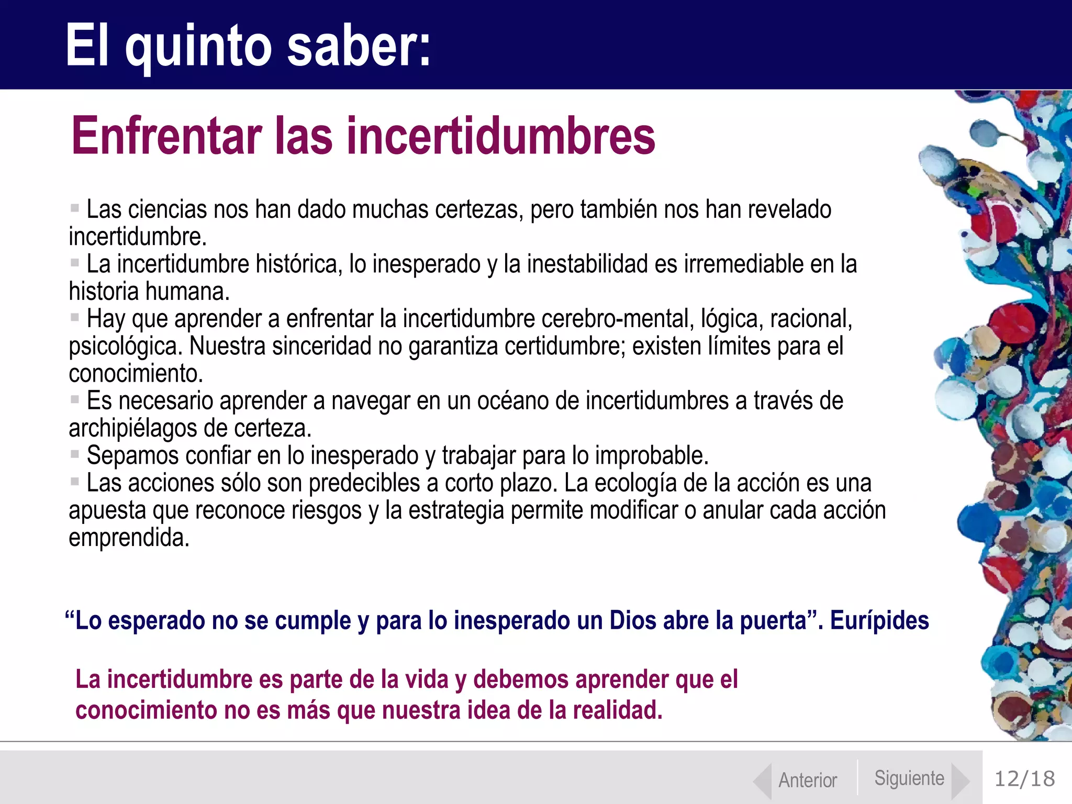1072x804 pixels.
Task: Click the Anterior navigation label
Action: click(x=808, y=780)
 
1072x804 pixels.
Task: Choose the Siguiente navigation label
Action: click(x=909, y=778)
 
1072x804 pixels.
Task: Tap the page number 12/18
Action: click(x=1024, y=779)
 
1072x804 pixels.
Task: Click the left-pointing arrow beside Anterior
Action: click(x=762, y=781)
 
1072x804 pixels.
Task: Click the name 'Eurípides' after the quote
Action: click(x=879, y=621)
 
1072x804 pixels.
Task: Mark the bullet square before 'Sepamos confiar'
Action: click(x=75, y=454)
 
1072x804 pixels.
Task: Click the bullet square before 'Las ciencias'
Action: click(x=75, y=208)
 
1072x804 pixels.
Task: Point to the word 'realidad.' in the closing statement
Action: click(x=618, y=710)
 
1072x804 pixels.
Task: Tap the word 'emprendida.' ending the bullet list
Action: click(x=129, y=538)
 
